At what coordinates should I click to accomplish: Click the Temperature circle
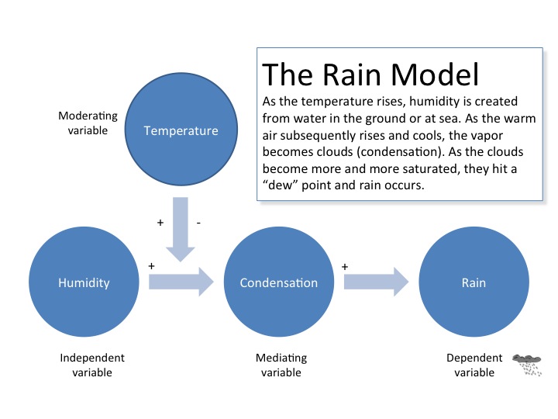point(181,130)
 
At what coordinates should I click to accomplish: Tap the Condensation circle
point(278,282)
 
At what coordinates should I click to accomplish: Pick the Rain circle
point(473,282)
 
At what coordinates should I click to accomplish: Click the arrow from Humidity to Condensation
point(181,282)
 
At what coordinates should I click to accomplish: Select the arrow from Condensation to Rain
point(376,282)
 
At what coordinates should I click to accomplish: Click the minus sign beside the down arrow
point(199,223)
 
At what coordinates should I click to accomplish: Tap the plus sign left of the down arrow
point(160,223)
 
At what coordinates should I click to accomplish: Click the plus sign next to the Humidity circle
point(152,265)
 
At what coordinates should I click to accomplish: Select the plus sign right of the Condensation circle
point(345,266)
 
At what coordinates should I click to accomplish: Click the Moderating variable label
point(88,123)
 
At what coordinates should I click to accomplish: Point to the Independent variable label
point(92,365)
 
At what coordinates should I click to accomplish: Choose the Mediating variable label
point(281,365)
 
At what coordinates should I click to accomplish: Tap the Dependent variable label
point(474,365)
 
